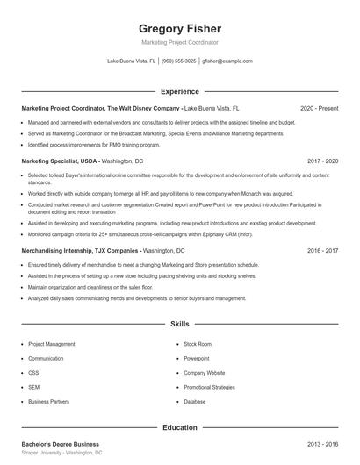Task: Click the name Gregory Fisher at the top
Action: (179, 28)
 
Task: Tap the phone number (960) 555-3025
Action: (178, 61)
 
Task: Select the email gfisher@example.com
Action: (227, 61)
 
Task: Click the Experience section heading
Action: (179, 91)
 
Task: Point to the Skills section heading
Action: (179, 324)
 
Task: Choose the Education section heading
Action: (179, 428)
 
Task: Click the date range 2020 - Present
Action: (319, 108)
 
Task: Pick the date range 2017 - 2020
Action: (322, 162)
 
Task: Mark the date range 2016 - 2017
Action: (322, 250)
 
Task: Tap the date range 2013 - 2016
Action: (322, 444)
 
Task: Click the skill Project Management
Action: (52, 344)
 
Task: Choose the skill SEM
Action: (33, 386)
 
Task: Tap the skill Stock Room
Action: (198, 344)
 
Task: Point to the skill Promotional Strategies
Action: (209, 386)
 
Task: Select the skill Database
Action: (194, 401)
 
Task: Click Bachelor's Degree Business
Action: (60, 444)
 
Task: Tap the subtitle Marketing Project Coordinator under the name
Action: (179, 42)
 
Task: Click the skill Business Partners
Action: (48, 401)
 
